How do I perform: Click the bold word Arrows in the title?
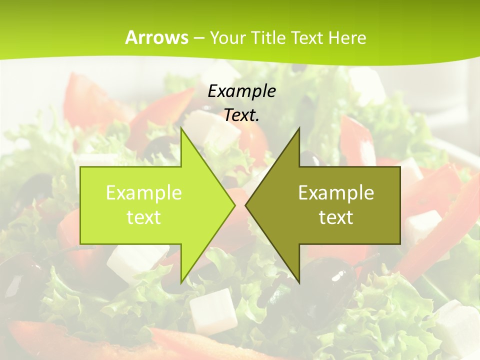point(157,37)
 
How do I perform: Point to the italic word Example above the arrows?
point(241,91)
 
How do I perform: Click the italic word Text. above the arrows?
point(241,115)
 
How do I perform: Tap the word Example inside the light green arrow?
point(144,192)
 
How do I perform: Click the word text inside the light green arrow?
point(144,217)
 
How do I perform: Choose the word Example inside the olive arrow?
point(336,192)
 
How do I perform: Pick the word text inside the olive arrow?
point(336,217)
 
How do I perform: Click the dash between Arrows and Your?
point(198,38)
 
